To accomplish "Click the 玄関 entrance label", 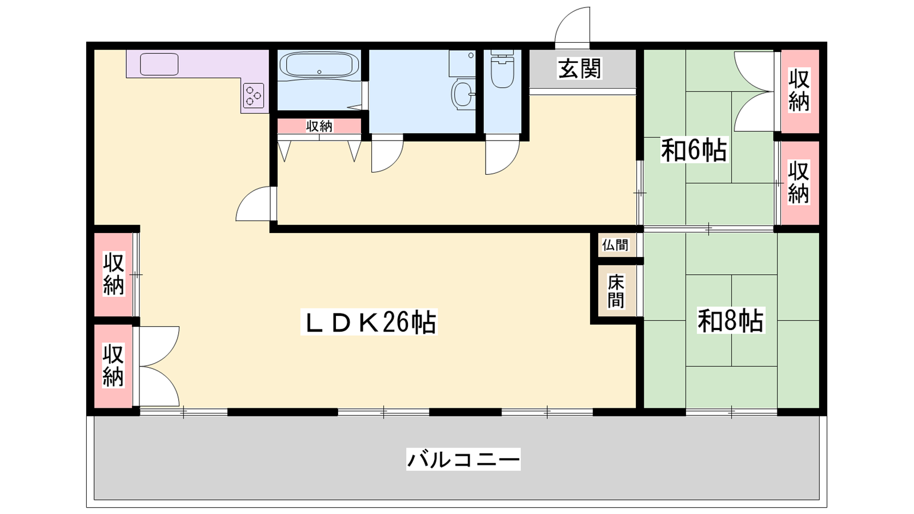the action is click(579, 69).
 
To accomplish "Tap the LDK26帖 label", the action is click(369, 322).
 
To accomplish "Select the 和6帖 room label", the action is click(694, 151).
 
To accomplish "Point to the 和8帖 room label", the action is click(731, 321).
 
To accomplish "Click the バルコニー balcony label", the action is click(463, 459).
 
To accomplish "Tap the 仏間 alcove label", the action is click(615, 245).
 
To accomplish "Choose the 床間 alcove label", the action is click(616, 292).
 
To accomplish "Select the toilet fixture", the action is click(502, 69).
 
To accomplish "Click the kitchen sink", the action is click(159, 65).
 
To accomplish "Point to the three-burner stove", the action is click(254, 95).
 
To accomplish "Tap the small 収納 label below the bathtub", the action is click(319, 126).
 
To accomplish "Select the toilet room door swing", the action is click(502, 158).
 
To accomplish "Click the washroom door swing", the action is click(387, 156).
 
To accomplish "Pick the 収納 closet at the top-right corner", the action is click(799, 91).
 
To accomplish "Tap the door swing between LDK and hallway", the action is click(254, 203).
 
